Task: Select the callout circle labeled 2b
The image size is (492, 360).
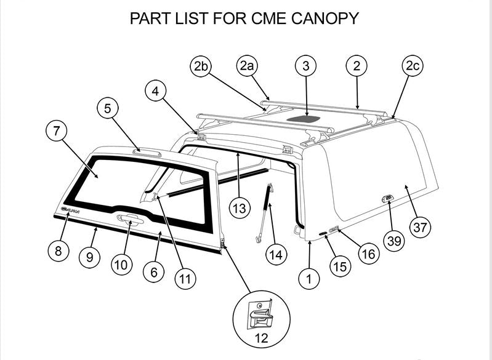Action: click(201, 66)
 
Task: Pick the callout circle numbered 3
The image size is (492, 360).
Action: click(306, 66)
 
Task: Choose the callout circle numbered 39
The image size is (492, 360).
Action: click(393, 240)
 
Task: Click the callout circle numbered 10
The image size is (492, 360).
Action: click(121, 264)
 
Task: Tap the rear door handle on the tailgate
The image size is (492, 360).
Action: click(129, 220)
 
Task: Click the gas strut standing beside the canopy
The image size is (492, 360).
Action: click(265, 212)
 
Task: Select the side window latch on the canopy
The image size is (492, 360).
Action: click(387, 198)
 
